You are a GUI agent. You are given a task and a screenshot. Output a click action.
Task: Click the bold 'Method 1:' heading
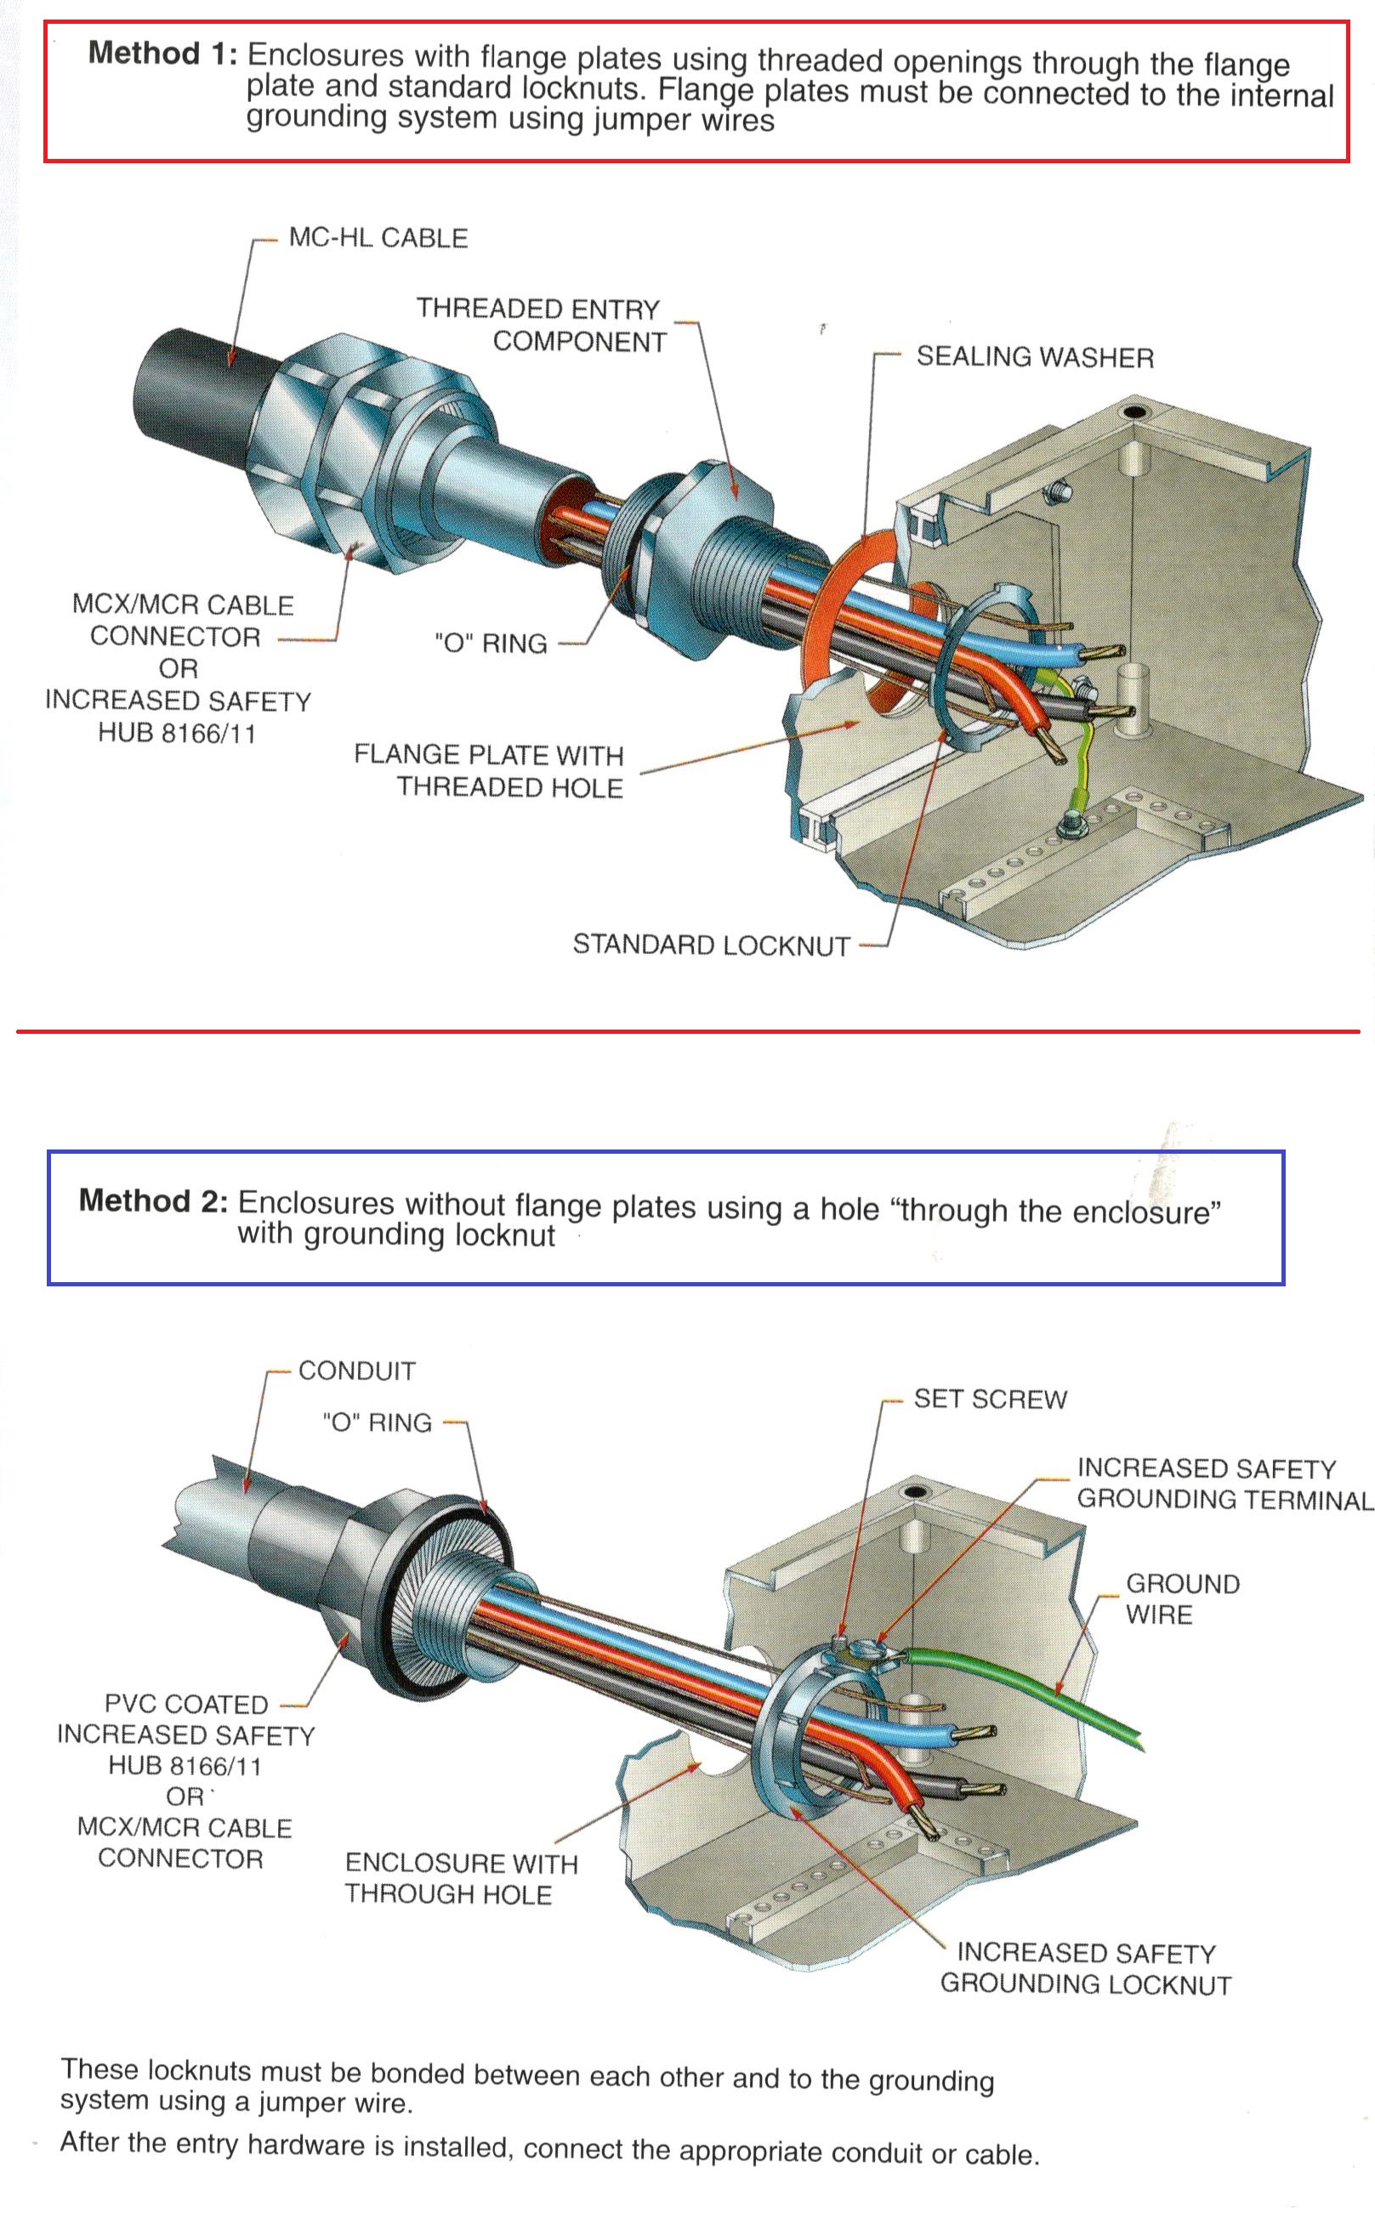click(162, 54)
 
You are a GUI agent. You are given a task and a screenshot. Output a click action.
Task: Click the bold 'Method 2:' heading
click(153, 1200)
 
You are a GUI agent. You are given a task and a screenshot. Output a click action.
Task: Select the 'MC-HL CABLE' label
click(378, 238)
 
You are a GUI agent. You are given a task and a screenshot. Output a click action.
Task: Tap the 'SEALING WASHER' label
click(1034, 357)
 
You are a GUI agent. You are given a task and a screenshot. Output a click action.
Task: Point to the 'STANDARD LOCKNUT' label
click(710, 945)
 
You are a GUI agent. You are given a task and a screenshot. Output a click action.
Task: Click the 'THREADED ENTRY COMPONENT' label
click(542, 326)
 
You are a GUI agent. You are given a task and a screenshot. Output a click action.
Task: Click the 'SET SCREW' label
click(990, 1399)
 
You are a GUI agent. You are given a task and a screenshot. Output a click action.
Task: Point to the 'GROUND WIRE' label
click(1180, 1599)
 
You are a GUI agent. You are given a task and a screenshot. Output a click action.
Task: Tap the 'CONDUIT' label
click(356, 1371)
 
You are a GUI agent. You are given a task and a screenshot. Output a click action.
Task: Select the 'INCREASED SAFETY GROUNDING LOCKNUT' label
click(1086, 1968)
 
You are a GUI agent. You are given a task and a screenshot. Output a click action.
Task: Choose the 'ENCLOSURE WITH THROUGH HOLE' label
click(460, 1879)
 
